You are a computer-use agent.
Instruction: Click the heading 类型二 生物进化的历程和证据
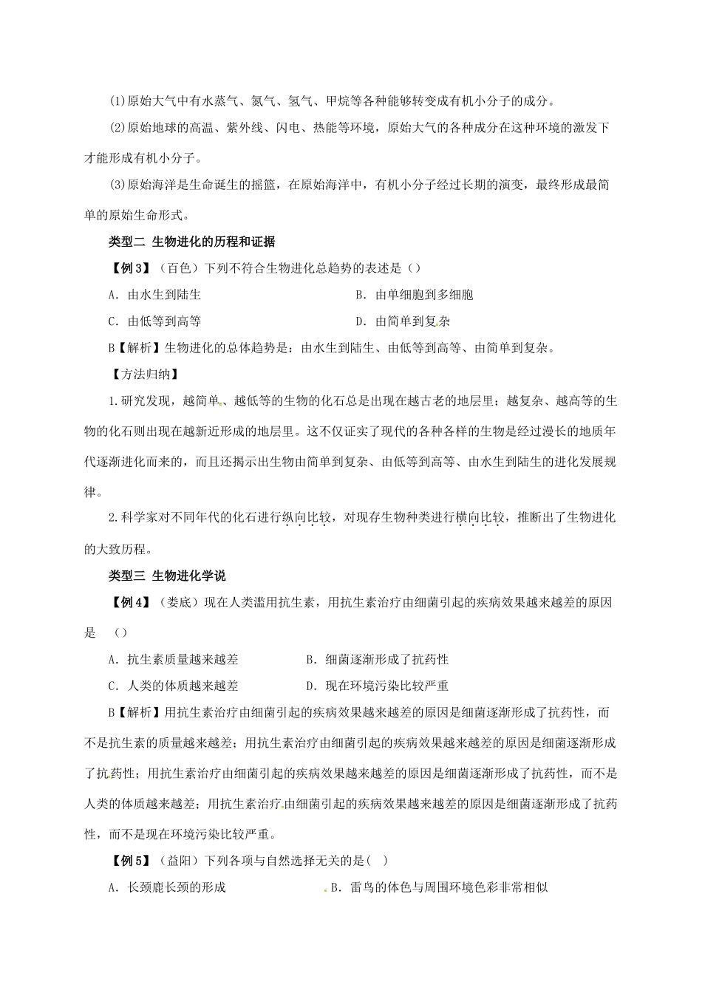pos(191,242)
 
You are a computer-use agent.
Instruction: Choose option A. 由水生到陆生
pos(154,295)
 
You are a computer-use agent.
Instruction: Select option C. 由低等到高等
pos(154,321)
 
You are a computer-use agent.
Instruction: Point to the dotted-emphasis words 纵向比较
pos(307,518)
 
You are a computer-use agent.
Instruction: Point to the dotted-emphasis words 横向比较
pos(480,518)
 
